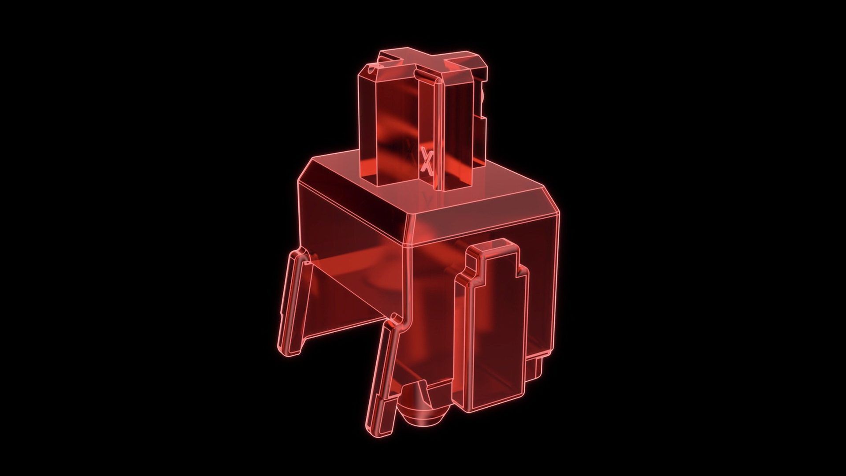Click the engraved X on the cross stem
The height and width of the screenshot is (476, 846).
[426, 161]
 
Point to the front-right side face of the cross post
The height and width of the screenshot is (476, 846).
[456, 128]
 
